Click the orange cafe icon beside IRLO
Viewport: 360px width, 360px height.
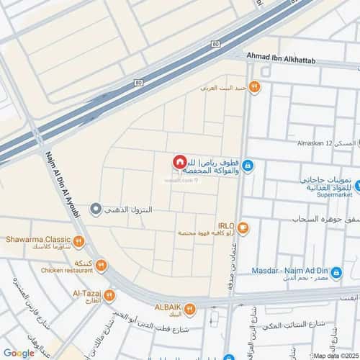(244, 229)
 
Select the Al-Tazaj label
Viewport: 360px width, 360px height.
(86, 293)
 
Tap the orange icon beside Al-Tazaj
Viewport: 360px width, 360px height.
(109, 295)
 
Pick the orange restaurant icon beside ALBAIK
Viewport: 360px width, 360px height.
(189, 310)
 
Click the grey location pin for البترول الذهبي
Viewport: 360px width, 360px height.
(96, 209)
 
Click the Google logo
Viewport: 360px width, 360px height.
(18, 353)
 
